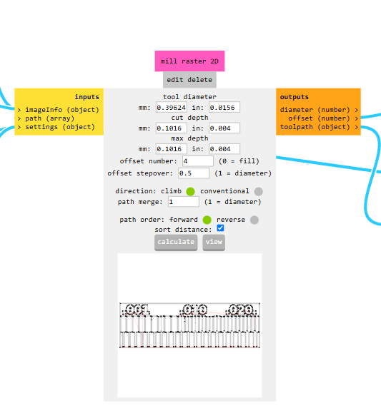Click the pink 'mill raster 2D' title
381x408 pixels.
(x=189, y=61)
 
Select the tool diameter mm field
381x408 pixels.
(x=172, y=107)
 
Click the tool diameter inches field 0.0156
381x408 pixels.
(x=224, y=107)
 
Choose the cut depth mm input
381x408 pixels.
(x=172, y=128)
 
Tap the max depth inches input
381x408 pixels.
(x=224, y=149)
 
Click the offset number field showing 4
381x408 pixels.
(x=198, y=161)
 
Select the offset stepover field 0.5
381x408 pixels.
(x=194, y=173)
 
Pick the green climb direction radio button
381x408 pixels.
(x=190, y=191)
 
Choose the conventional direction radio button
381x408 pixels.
(x=259, y=191)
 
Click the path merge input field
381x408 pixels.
(x=184, y=202)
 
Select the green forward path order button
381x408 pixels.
(x=207, y=220)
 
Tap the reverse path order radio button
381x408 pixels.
(x=254, y=220)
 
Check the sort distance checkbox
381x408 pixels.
(x=220, y=228)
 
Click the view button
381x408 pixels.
(x=214, y=243)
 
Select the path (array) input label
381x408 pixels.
(x=49, y=118)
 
